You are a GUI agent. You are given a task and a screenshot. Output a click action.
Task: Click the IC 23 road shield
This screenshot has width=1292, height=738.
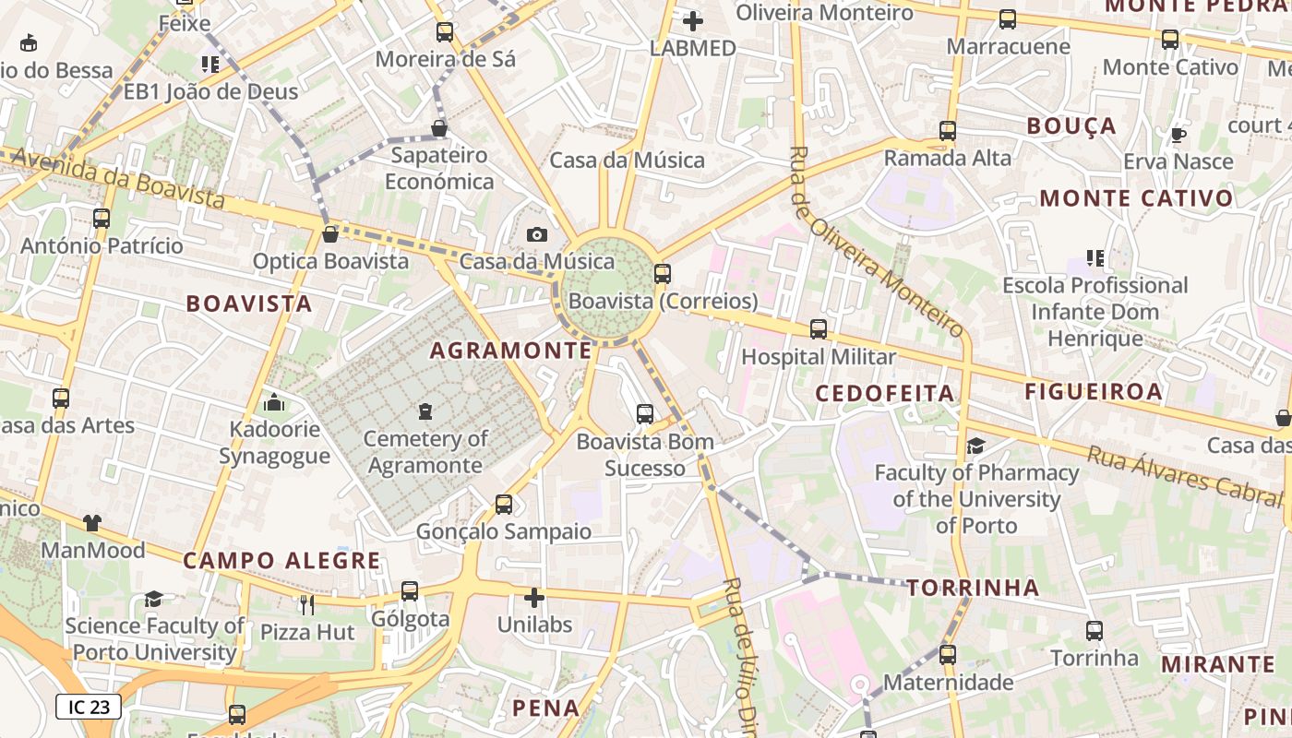[89, 707]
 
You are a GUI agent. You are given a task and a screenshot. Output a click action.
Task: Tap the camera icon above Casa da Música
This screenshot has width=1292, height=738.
[536, 235]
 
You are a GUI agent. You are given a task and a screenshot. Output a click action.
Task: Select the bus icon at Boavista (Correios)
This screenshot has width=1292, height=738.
[662, 273]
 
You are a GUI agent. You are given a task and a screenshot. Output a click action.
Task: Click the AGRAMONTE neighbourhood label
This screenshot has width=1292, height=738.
[510, 351]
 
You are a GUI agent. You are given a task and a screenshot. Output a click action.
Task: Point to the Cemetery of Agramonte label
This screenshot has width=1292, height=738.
[425, 451]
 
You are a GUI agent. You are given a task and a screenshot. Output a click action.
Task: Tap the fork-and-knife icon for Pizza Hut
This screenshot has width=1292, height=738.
[307, 604]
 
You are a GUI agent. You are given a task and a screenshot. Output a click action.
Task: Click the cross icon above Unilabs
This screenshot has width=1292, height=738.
[534, 598]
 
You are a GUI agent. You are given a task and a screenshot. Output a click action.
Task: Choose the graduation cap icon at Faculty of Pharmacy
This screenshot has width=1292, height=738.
[975, 446]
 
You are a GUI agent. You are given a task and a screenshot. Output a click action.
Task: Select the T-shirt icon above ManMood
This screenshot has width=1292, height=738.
[91, 523]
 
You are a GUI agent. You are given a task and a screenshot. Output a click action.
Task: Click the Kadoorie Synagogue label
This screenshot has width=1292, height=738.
[274, 442]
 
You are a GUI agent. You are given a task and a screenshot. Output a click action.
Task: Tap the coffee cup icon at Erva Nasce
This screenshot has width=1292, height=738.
[1178, 136]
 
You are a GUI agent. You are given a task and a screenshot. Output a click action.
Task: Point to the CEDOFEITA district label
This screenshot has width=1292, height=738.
[884, 393]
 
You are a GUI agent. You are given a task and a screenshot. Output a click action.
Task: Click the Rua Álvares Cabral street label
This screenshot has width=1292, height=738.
[1185, 476]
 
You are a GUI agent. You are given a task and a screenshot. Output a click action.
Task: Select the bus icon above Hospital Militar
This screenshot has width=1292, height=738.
[818, 329]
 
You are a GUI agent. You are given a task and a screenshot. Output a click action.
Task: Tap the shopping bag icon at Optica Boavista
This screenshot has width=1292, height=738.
[329, 234]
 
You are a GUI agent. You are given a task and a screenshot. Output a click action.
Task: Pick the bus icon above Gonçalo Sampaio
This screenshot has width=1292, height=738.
[503, 505]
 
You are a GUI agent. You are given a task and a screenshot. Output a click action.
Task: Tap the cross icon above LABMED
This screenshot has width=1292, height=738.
[692, 20]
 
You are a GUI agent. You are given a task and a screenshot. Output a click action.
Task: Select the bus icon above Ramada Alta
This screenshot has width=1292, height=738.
[947, 131]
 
